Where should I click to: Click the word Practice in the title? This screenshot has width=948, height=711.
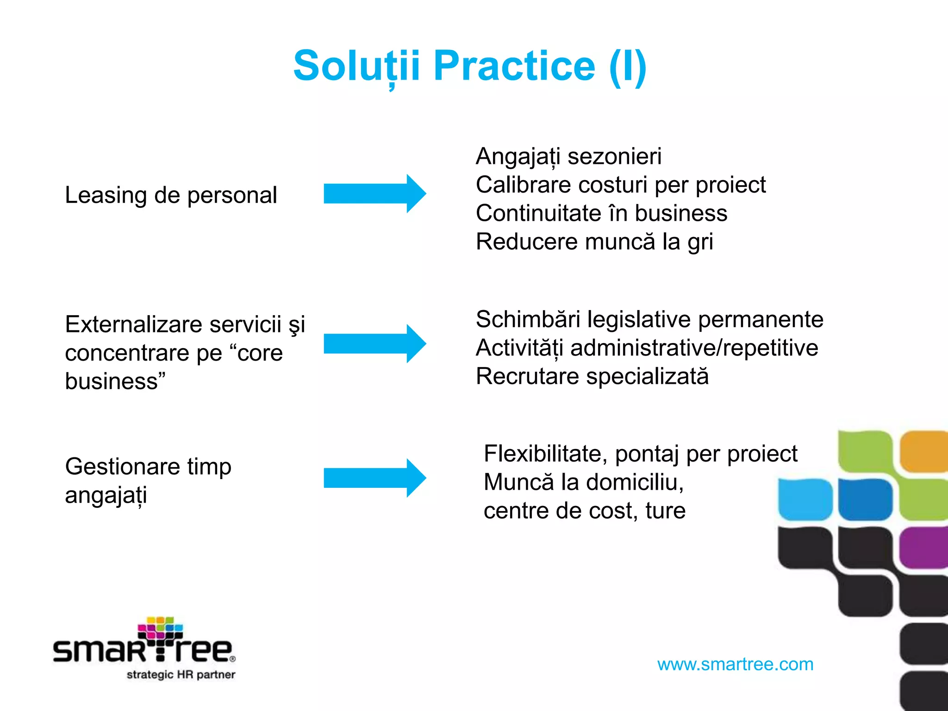[x=514, y=66]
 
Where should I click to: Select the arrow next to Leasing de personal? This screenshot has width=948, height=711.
[x=374, y=193]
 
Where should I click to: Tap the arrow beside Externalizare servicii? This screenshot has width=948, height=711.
[x=374, y=343]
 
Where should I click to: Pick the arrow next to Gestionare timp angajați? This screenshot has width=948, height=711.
[x=374, y=478]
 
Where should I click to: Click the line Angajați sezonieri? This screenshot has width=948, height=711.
[x=568, y=156]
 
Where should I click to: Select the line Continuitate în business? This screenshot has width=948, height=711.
[x=601, y=213]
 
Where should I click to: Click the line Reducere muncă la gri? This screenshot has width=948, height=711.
[x=594, y=242]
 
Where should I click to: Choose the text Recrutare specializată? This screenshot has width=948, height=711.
[x=592, y=376]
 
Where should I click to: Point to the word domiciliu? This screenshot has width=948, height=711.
[x=635, y=482]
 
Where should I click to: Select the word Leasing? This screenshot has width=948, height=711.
[x=106, y=195]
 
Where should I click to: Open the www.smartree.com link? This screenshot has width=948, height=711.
[x=735, y=664]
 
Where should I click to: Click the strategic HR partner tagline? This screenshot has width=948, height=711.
[x=181, y=674]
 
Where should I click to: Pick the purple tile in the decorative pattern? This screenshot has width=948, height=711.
[x=923, y=547]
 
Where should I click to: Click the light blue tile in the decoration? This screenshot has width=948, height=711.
[x=805, y=499]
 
